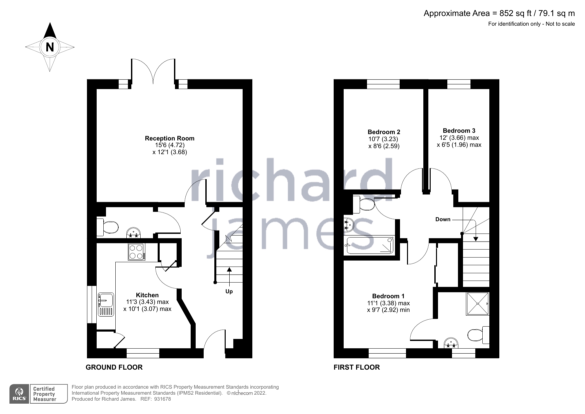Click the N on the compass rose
pyautogui.click(x=50, y=47)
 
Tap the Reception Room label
pyautogui.click(x=169, y=138)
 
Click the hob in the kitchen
pyautogui.click(x=137, y=252)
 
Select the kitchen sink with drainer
pyautogui.click(x=106, y=304)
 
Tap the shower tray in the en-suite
pyautogui.click(x=478, y=304)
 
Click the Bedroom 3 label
pyautogui.click(x=459, y=130)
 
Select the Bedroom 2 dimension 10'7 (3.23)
pyautogui.click(x=383, y=139)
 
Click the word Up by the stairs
pyautogui.click(x=229, y=291)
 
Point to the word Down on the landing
pyautogui.click(x=443, y=219)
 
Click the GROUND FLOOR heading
pyautogui.click(x=114, y=367)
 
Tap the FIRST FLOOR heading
pyautogui.click(x=356, y=367)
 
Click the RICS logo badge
pyautogui.click(x=19, y=394)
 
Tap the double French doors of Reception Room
pyautogui.click(x=153, y=71)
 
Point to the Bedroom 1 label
pyautogui.click(x=388, y=296)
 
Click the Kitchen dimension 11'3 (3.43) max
pyautogui.click(x=147, y=302)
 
